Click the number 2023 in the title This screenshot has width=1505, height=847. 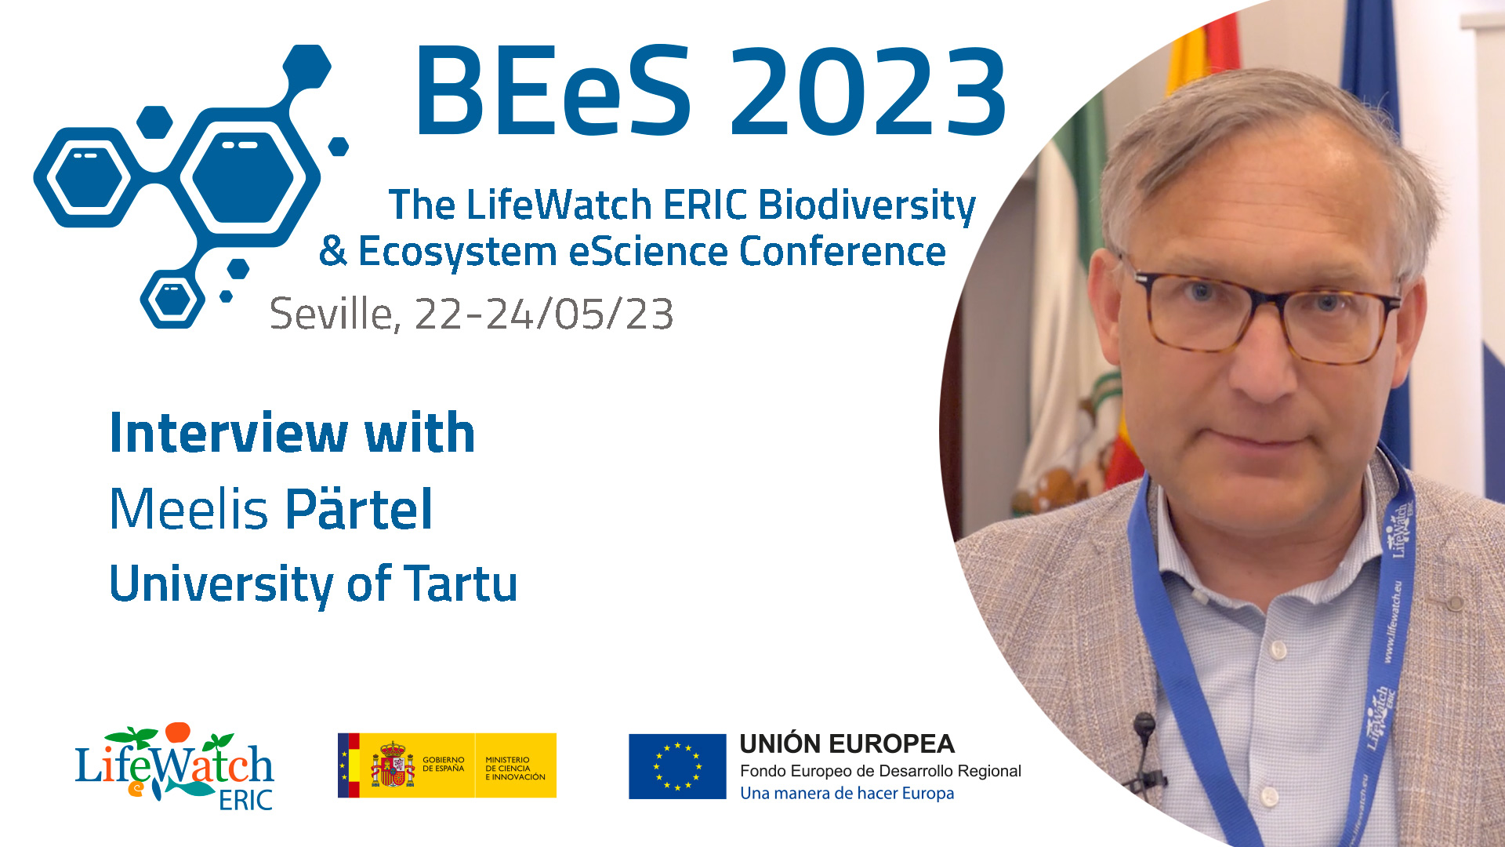pyautogui.click(x=869, y=91)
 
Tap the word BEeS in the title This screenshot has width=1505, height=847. pyautogui.click(x=553, y=91)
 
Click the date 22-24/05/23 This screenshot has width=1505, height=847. pyautogui.click(x=543, y=314)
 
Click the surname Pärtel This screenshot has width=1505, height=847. pyautogui.click(x=359, y=508)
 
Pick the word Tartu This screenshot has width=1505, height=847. pyautogui.click(x=461, y=583)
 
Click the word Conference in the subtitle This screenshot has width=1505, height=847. pyautogui.click(x=843, y=252)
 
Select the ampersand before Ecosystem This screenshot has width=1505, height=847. pyautogui.click(x=333, y=252)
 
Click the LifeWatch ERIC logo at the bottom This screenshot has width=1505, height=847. pyautogui.click(x=174, y=766)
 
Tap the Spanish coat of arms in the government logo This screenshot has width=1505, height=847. pyautogui.click(x=392, y=765)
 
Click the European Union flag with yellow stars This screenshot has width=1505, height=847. pyautogui.click(x=677, y=766)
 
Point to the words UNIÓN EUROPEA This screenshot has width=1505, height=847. pyautogui.click(x=847, y=743)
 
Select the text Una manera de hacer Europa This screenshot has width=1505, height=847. pyautogui.click(x=847, y=793)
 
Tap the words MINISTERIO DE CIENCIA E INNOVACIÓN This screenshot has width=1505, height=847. pyautogui.click(x=515, y=769)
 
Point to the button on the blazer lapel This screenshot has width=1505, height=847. pyautogui.click(x=1455, y=603)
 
